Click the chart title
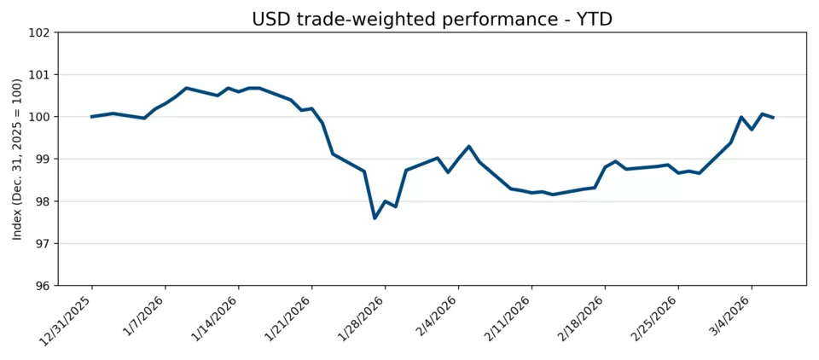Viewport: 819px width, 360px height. click(x=432, y=19)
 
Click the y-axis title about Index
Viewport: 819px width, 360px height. click(x=17, y=160)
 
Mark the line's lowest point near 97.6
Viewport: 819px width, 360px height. click(x=375, y=218)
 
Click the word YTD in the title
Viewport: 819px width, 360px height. click(x=595, y=19)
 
